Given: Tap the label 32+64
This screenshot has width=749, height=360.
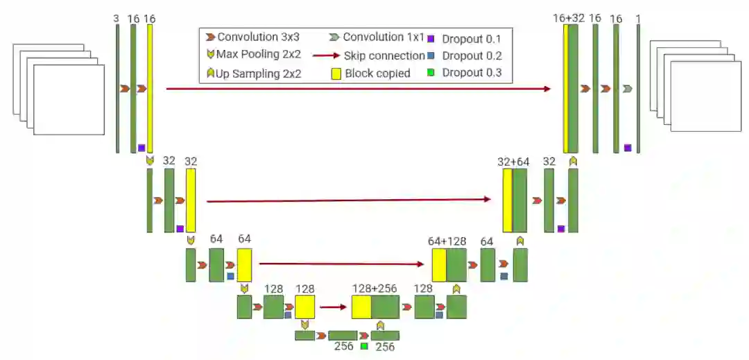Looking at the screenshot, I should [x=513, y=162].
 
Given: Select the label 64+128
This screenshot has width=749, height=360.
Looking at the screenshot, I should [x=447, y=241].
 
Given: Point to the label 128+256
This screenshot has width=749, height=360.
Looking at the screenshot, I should [x=374, y=289].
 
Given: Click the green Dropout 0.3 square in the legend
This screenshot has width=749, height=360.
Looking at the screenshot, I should [x=431, y=73].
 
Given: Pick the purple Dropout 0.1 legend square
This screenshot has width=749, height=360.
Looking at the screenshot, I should [x=431, y=39].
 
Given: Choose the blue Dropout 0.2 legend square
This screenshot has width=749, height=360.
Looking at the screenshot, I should [x=431, y=56].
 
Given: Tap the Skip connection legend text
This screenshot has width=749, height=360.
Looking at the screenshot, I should [x=384, y=55].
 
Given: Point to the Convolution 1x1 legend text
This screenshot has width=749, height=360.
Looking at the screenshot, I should [x=384, y=37].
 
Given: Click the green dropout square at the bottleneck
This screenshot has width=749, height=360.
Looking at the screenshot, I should [x=364, y=345].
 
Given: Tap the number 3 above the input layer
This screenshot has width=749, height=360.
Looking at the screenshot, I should [x=117, y=19].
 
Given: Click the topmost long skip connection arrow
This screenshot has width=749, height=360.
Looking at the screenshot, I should [x=358, y=89].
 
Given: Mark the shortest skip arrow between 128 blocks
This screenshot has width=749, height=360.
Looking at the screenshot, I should [x=333, y=306].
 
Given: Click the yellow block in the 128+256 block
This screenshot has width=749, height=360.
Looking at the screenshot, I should [x=361, y=307].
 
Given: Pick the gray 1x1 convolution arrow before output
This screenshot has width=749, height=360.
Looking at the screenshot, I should [x=627, y=89].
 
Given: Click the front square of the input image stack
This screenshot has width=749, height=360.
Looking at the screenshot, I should [x=69, y=100].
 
